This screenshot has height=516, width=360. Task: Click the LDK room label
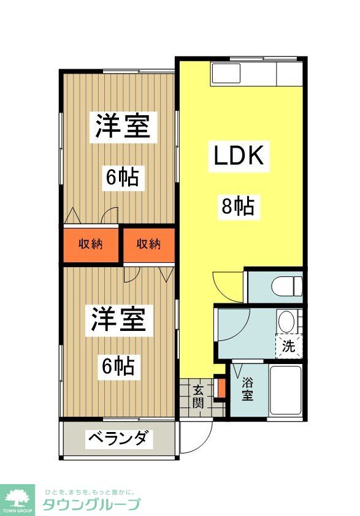coord(238,157)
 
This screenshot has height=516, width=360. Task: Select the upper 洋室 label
coord(122,126)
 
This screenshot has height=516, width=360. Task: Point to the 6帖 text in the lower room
coord(118,366)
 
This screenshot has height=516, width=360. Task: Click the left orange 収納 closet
coord(90,244)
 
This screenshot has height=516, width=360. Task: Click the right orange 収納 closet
coord(148,244)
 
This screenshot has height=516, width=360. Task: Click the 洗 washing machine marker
coord(289,346)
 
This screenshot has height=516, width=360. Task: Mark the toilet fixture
coord(289,286)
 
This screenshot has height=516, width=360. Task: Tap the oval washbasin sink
coord(286,322)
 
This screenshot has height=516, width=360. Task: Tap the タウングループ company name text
coord(91,504)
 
